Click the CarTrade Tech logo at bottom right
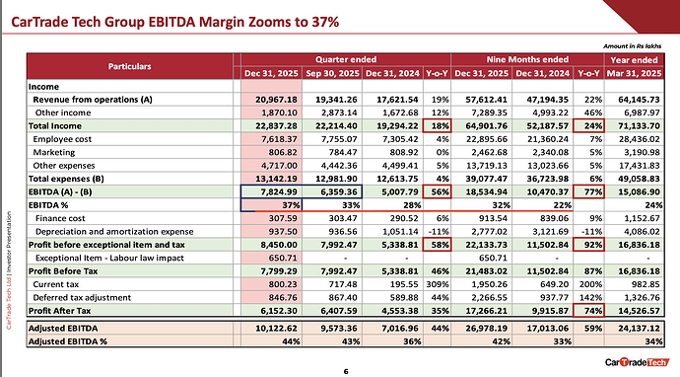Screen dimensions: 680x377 click(x=637, y=362)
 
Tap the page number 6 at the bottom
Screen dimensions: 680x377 click(x=346, y=371)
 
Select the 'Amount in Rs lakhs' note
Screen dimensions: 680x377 click(x=633, y=46)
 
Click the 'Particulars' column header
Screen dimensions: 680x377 click(x=130, y=66)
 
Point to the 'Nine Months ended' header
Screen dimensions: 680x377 click(x=527, y=59)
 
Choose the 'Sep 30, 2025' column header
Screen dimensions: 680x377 click(x=333, y=73)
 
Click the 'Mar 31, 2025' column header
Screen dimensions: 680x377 click(x=634, y=73)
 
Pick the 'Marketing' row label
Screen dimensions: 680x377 click(x=54, y=152)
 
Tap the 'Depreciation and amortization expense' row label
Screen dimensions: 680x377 click(x=114, y=232)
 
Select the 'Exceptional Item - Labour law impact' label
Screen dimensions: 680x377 click(x=109, y=258)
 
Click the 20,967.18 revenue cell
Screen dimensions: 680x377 click(x=276, y=100)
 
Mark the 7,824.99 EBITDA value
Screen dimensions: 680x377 click(x=279, y=192)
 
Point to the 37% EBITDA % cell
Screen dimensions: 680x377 click(x=291, y=205)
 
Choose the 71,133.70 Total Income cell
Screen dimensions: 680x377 click(x=639, y=126)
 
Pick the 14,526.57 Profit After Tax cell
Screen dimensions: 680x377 click(x=639, y=311)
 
